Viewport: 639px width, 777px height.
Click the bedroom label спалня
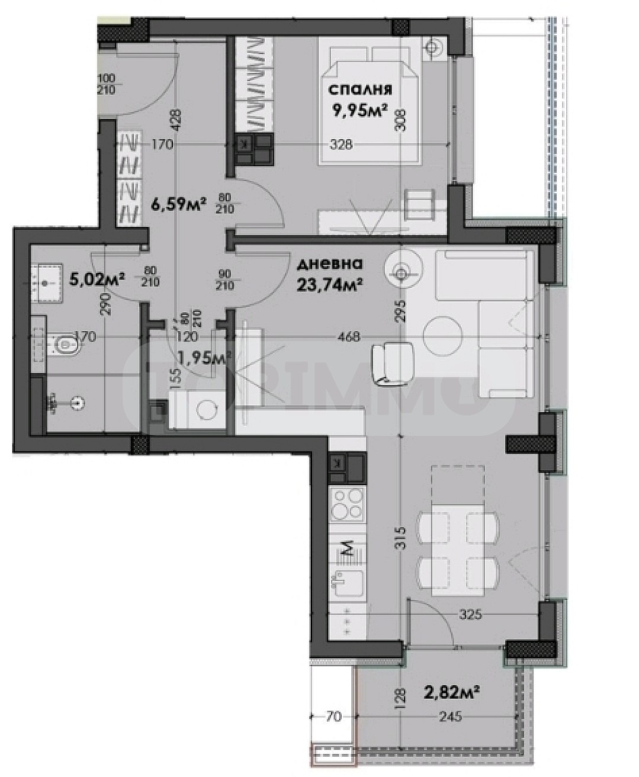click(359, 90)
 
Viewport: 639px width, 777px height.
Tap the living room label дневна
click(330, 264)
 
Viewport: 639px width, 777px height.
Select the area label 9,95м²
click(360, 111)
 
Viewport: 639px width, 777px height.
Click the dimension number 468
click(348, 337)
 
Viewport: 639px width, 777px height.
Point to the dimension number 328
click(341, 145)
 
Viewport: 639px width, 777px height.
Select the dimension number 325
click(470, 615)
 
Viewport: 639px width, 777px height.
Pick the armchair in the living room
click(388, 362)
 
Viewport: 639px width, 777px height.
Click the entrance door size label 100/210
click(107, 84)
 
